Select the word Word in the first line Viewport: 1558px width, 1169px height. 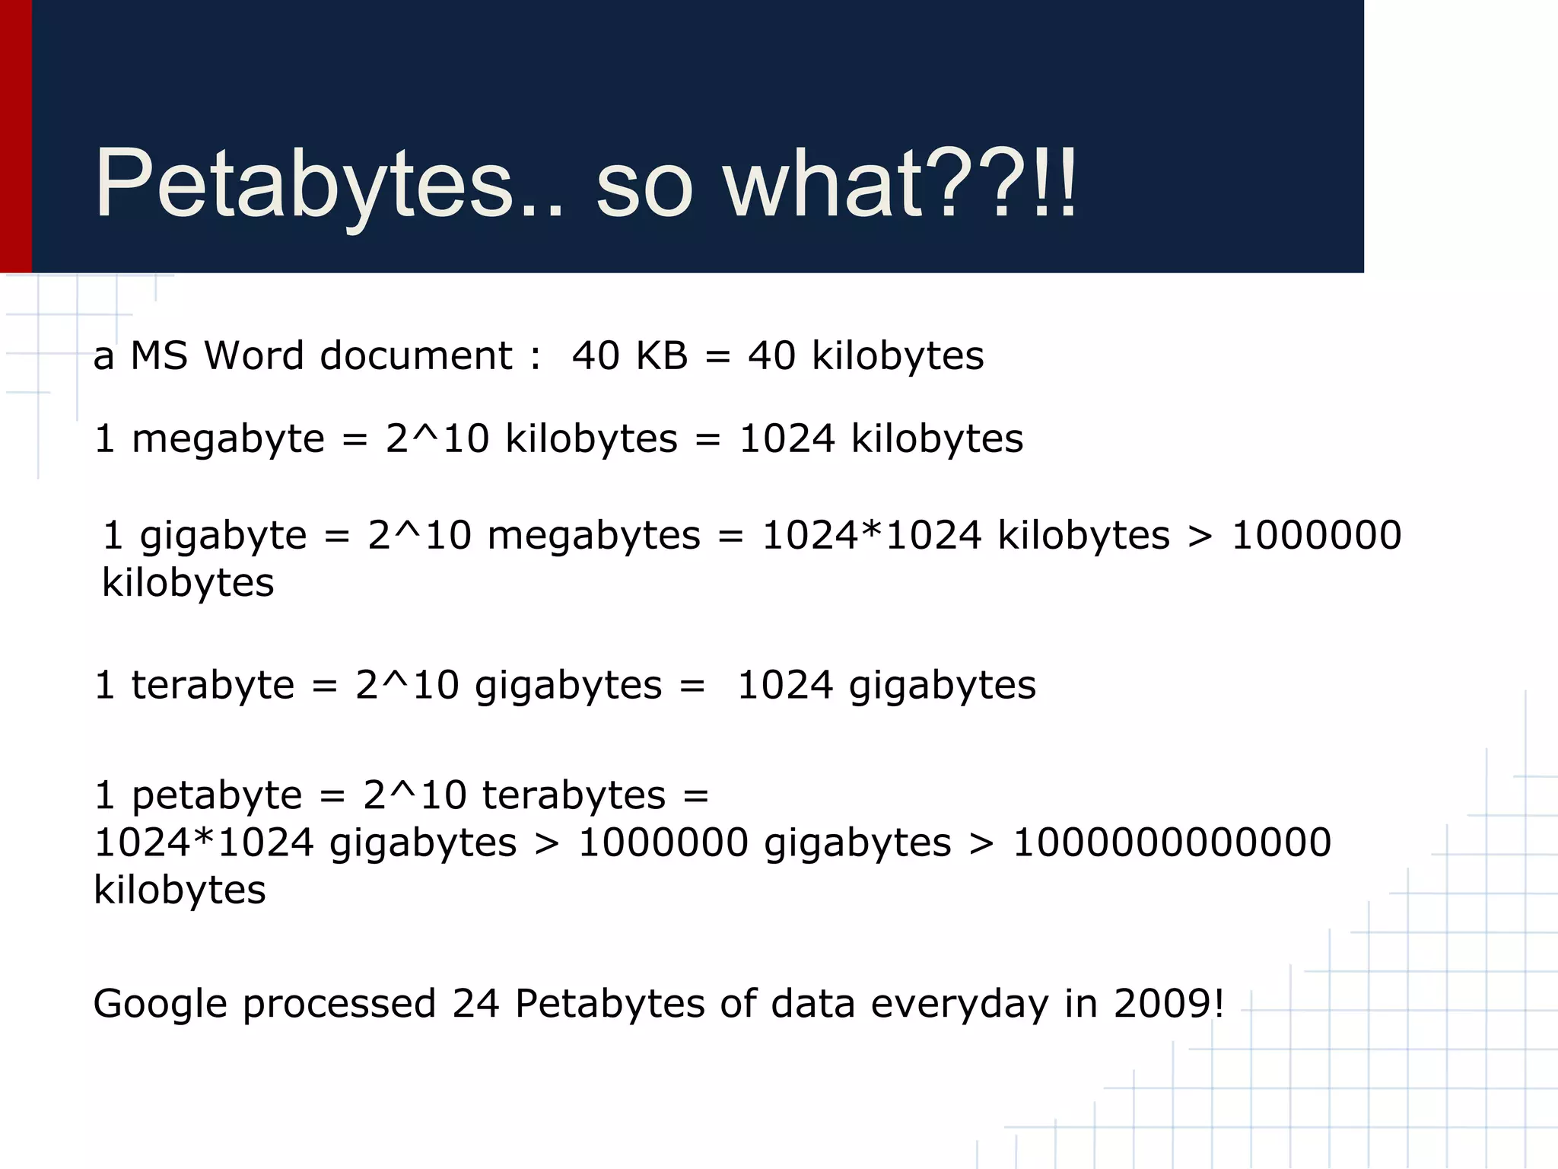pyautogui.click(x=254, y=355)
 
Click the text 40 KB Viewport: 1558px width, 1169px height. pyautogui.click(x=629, y=355)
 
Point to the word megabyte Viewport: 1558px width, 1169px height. pyautogui.click(x=227, y=439)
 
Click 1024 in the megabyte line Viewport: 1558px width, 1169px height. pyautogui.click(x=787, y=439)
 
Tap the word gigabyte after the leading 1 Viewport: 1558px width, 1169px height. pyautogui.click(x=223, y=536)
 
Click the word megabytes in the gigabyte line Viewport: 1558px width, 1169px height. pyautogui.click(x=593, y=536)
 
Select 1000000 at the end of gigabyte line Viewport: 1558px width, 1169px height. pyautogui.click(x=1316, y=536)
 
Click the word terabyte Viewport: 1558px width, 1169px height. pyautogui.click(x=212, y=685)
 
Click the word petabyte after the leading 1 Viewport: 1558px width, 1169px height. pyautogui.click(x=217, y=796)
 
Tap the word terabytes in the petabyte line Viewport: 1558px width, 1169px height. pyautogui.click(x=574, y=796)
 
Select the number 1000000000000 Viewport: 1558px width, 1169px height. pyautogui.click(x=1172, y=843)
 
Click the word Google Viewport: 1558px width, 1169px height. pyautogui.click(x=160, y=1004)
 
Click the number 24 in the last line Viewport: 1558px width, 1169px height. pyautogui.click(x=475, y=1004)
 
